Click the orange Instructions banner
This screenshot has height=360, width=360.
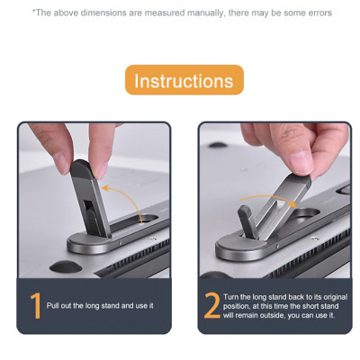(x=184, y=80)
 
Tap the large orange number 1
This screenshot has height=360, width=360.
(x=36, y=306)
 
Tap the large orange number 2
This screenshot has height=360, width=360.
(x=211, y=305)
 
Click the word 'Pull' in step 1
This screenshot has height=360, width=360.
(x=53, y=306)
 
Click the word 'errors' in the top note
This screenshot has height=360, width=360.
(x=320, y=13)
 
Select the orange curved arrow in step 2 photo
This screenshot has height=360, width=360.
(x=268, y=199)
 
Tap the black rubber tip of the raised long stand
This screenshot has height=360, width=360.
(x=81, y=168)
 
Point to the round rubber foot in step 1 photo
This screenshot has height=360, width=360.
(x=66, y=266)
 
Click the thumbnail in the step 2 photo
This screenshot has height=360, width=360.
(x=301, y=162)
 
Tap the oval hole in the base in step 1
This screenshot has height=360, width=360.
(x=149, y=218)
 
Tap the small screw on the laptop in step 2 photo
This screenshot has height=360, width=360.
(x=315, y=238)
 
